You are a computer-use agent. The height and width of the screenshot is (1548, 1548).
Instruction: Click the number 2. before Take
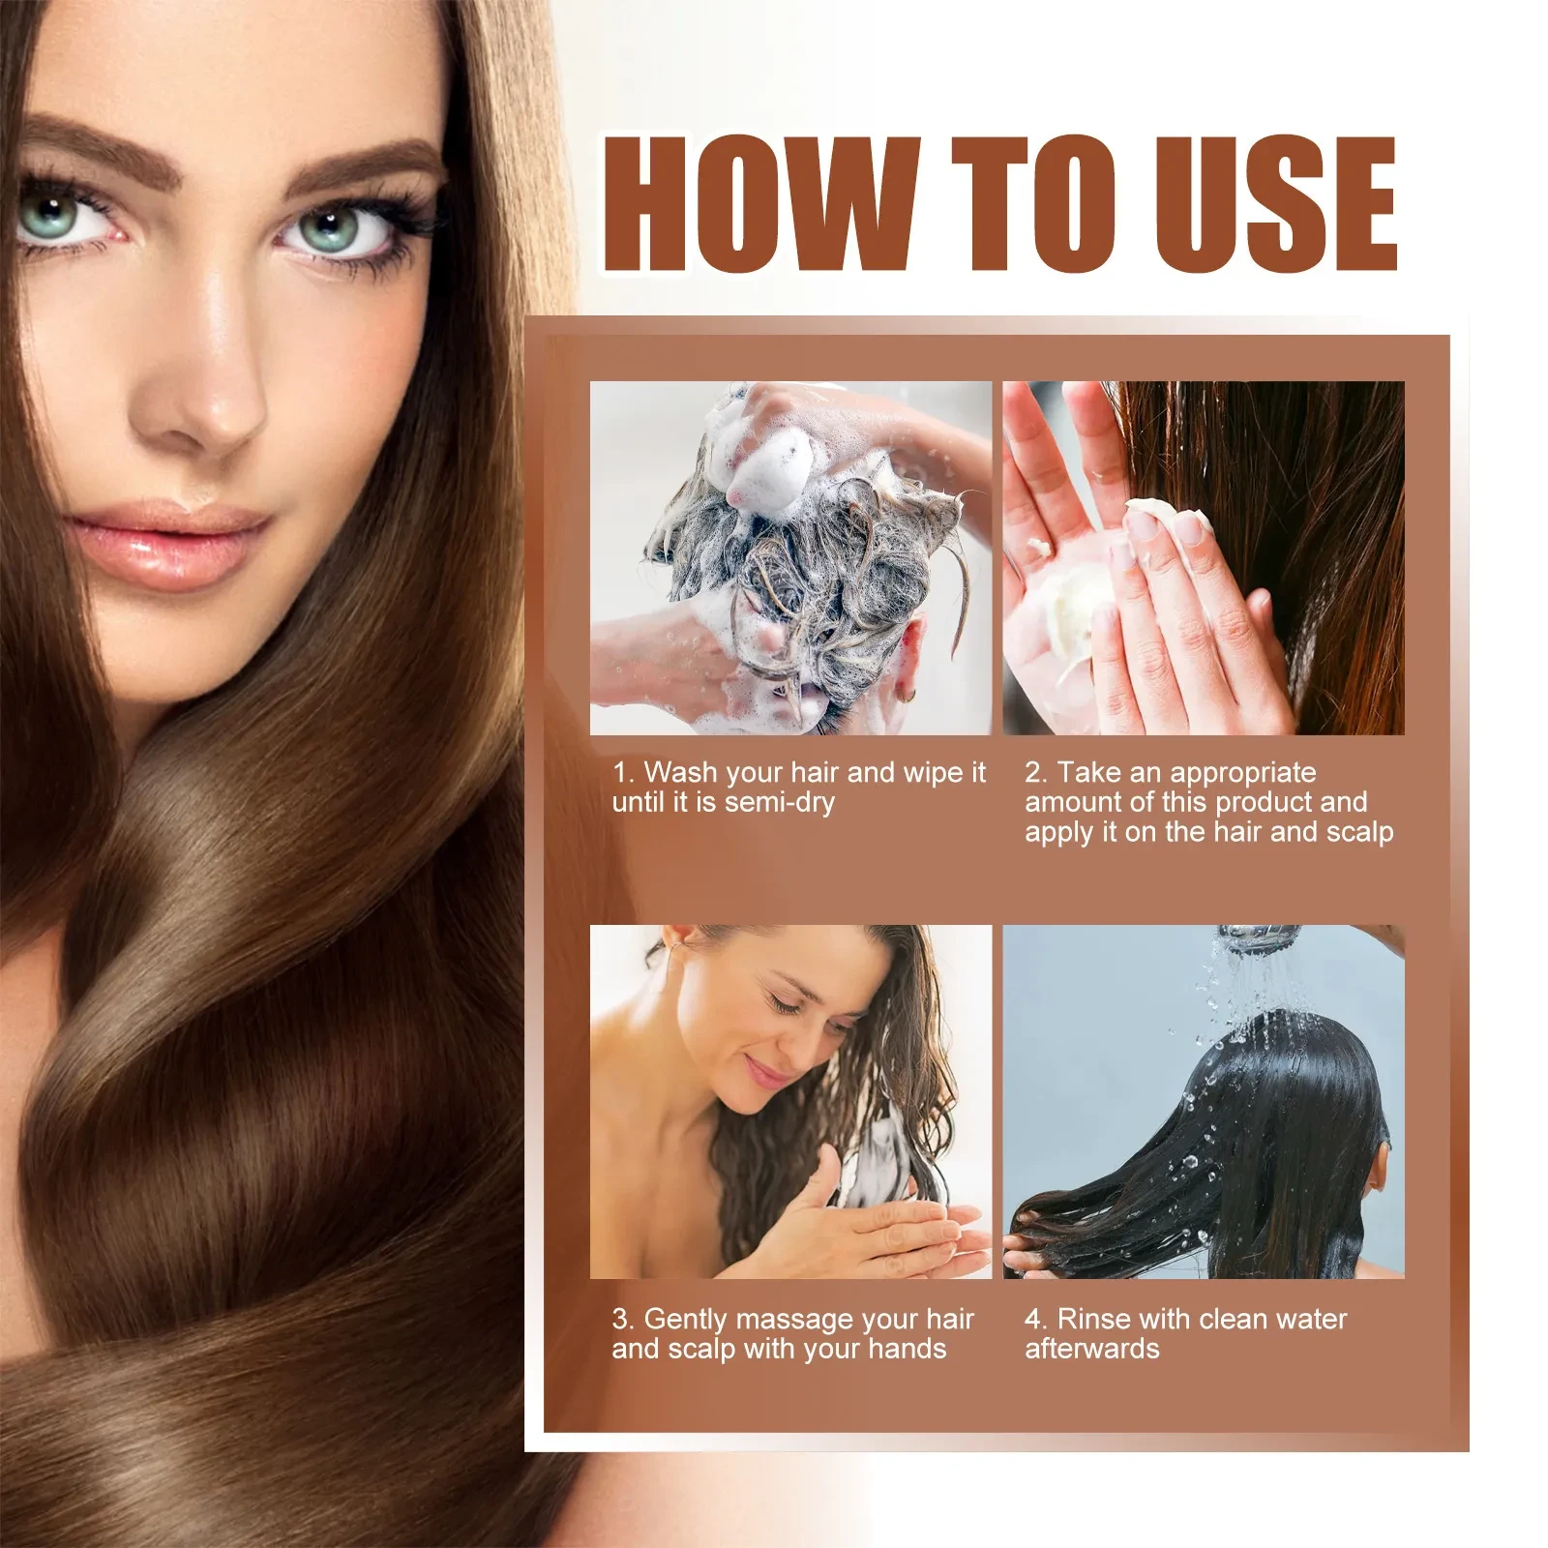[x=1036, y=772]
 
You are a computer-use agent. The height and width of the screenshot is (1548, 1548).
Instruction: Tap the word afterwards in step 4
[x=1091, y=1349]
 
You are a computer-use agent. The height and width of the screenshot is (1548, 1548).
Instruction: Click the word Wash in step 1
[x=680, y=772]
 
